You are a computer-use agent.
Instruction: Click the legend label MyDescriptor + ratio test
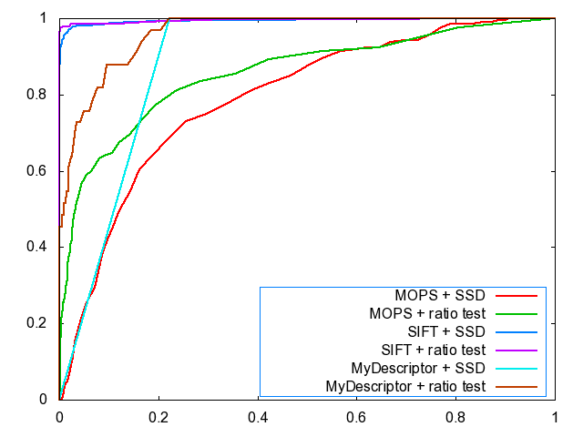(401, 387)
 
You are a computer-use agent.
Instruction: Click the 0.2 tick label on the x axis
(159, 420)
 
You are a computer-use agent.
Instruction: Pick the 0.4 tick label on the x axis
(258, 420)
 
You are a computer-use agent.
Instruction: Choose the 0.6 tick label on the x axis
(357, 420)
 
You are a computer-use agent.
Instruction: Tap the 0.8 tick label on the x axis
(455, 420)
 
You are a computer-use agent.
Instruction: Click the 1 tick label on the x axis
(555, 420)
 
